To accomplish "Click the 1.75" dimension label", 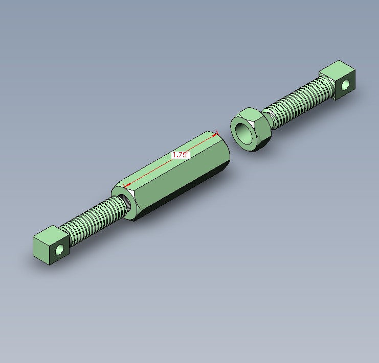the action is [x=181, y=155].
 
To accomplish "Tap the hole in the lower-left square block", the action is [x=59, y=250].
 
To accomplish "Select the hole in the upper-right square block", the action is [x=345, y=84].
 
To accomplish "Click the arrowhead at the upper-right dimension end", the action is [x=215, y=136].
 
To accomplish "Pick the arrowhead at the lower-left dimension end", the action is [x=127, y=185].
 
